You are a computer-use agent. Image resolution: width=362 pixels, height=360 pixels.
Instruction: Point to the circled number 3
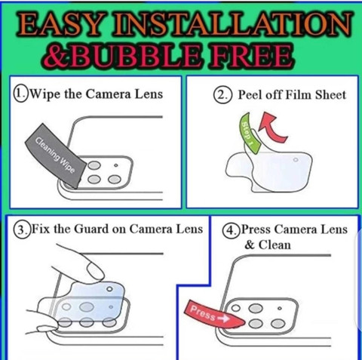(22, 229)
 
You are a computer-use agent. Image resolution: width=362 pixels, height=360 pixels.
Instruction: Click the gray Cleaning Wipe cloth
(56, 155)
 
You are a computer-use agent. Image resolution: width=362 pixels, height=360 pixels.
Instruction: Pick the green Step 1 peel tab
(250, 134)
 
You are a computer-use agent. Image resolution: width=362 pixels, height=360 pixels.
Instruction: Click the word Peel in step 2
(250, 95)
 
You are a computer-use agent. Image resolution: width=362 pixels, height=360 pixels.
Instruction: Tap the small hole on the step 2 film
(296, 160)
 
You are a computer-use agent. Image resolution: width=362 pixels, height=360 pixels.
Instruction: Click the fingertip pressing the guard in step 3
(94, 271)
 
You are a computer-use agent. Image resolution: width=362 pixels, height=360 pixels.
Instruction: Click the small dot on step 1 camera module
(115, 165)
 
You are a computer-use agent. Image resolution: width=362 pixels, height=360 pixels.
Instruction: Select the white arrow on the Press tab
(223, 318)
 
